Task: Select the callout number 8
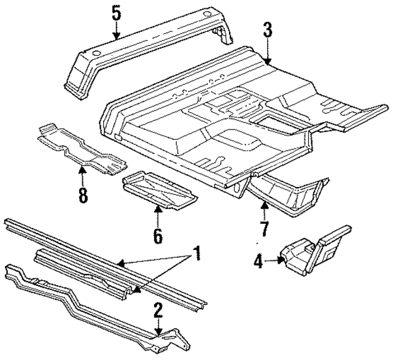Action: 82,196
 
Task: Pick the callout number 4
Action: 259,262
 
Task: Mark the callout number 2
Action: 158,310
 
